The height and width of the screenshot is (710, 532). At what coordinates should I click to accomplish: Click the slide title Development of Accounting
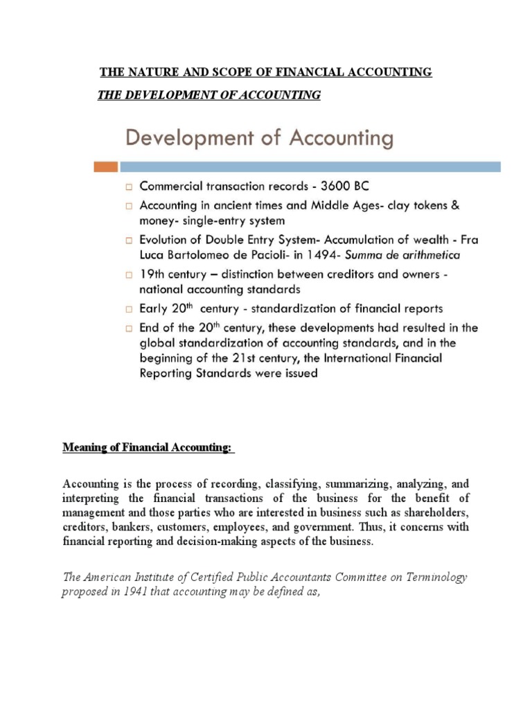(258, 139)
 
